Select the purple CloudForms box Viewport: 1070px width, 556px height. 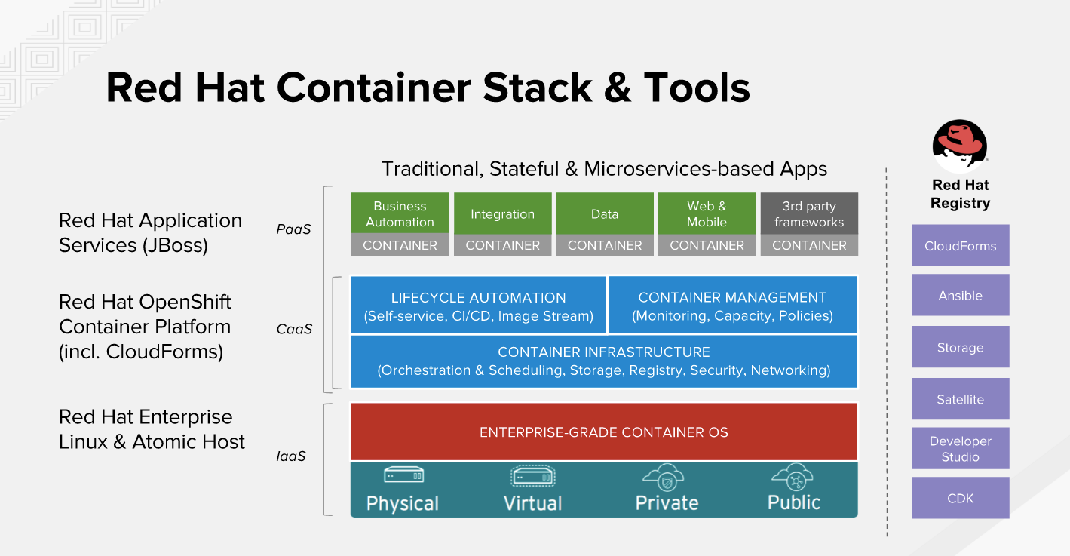click(x=960, y=246)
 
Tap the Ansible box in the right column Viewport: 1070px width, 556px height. click(x=960, y=296)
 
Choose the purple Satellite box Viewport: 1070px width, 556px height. click(x=960, y=400)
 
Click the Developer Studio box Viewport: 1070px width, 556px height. click(x=960, y=449)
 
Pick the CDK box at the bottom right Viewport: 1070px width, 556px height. click(x=960, y=498)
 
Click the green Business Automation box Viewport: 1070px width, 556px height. click(x=400, y=213)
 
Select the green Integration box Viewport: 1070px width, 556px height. click(x=502, y=213)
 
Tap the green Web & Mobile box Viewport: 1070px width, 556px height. click(x=707, y=213)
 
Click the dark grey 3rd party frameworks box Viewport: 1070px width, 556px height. click(x=809, y=213)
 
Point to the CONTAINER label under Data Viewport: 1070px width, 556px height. click(x=605, y=245)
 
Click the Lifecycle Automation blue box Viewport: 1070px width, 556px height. click(x=478, y=306)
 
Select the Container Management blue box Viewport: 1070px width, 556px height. click(x=732, y=306)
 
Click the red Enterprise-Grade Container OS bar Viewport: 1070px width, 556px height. click(x=603, y=432)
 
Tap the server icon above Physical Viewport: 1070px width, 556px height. click(x=403, y=476)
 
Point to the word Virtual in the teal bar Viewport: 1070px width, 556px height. click(x=532, y=503)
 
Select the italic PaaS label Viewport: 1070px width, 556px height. click(x=293, y=229)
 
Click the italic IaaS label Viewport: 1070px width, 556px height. click(x=291, y=456)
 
